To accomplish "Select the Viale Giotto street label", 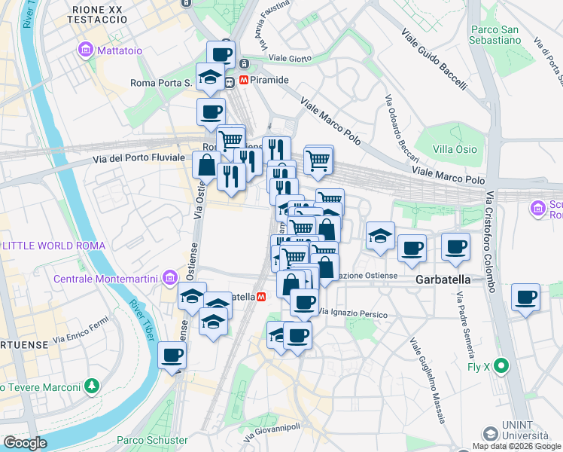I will (x=288, y=57).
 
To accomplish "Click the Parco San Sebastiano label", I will (x=495, y=35).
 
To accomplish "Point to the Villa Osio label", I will (x=455, y=149).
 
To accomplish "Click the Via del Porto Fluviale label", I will (x=138, y=158).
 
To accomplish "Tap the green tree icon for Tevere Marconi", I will (x=92, y=386).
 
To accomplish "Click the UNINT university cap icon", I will (x=491, y=434).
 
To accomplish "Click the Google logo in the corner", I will (x=25, y=443).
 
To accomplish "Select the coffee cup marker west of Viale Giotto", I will (x=221, y=54).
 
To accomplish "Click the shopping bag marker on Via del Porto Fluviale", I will (x=206, y=164).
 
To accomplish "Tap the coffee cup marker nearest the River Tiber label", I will (x=172, y=355).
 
